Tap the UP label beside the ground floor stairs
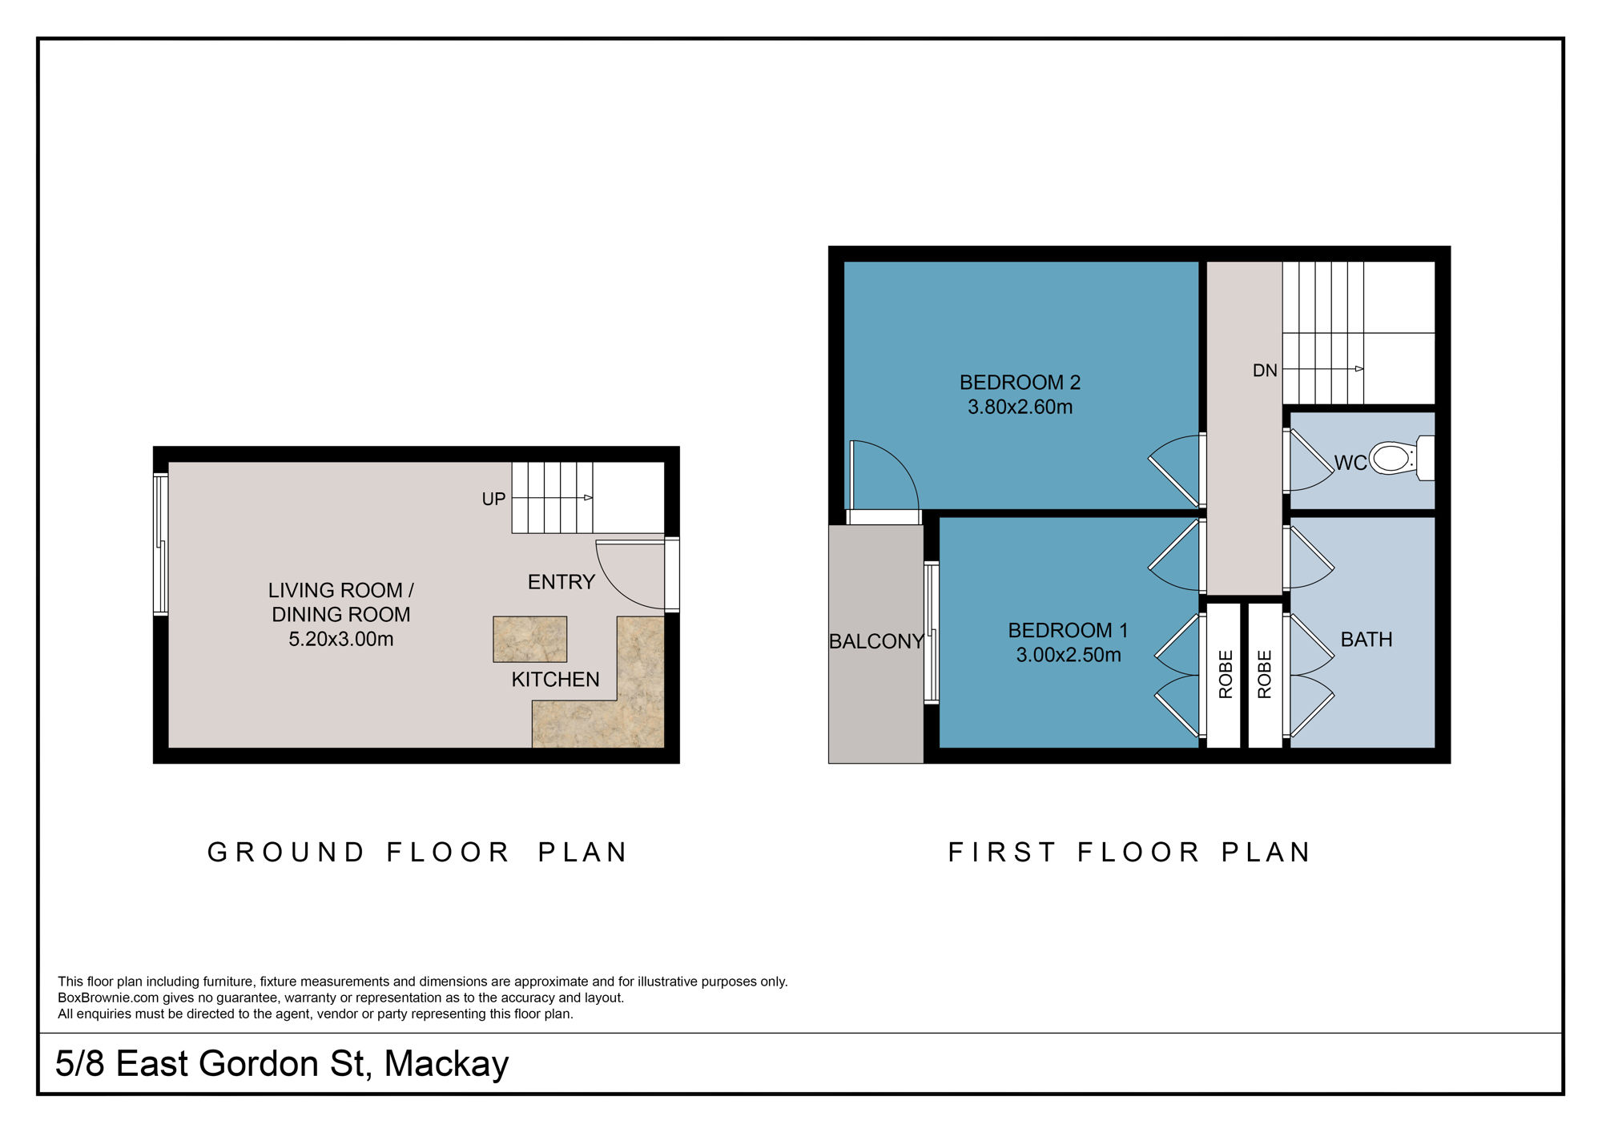493,499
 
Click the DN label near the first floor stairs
1265,371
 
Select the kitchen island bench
529,639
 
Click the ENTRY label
561,582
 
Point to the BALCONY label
875,641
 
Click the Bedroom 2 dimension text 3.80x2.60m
1020,407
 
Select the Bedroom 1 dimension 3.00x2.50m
1068,655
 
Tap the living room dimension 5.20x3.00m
340,639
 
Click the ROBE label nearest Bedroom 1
1226,674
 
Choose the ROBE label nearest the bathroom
1265,674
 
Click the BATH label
1367,640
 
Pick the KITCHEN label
555,680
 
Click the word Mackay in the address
446,1064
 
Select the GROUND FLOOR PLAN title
418,852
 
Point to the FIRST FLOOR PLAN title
1129,852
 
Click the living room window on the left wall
161,544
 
